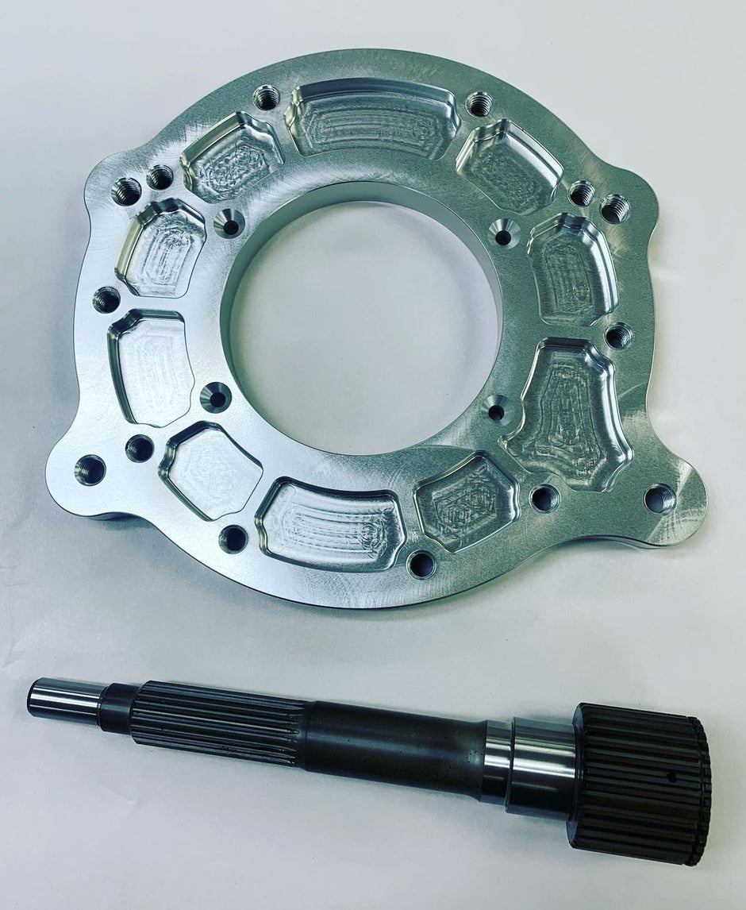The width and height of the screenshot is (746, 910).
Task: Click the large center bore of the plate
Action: (x=361, y=318)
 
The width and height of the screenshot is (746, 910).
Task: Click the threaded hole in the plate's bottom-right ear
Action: (x=659, y=499)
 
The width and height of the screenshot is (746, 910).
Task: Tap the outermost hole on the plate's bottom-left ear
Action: (x=90, y=469)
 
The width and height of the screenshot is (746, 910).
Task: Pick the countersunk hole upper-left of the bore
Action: (x=229, y=225)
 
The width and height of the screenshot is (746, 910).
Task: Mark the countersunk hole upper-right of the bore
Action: (x=504, y=233)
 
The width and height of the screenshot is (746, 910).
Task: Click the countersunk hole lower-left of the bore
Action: (x=216, y=396)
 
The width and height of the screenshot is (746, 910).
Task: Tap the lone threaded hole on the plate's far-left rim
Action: (x=106, y=299)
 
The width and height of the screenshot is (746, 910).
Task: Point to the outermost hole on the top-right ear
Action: (x=615, y=208)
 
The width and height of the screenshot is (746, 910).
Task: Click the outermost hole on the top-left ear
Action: (x=126, y=190)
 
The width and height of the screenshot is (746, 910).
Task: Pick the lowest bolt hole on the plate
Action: (x=421, y=564)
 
